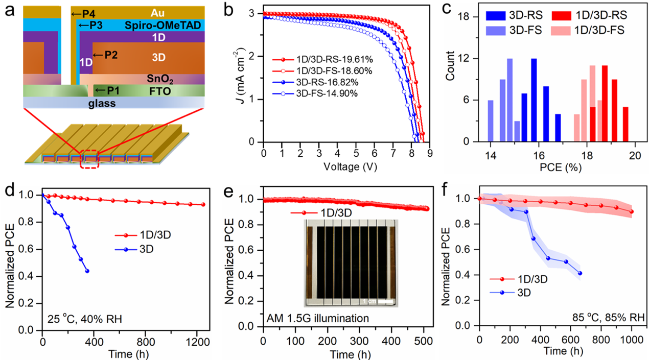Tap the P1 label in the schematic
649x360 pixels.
pyautogui.click(x=112, y=90)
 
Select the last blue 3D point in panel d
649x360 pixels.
pyautogui.click(x=87, y=271)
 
